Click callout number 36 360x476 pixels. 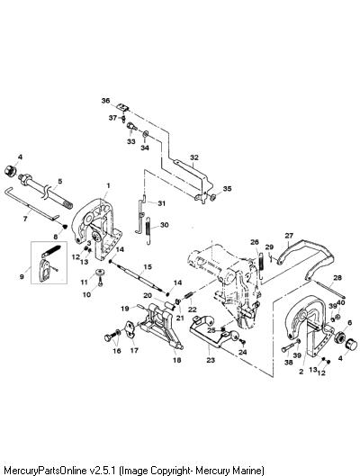point(105,101)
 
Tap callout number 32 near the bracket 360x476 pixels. point(194,157)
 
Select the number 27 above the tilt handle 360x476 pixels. point(289,235)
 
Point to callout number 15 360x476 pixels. point(148,267)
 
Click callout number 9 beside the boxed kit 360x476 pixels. point(22,276)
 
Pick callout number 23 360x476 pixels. point(211,360)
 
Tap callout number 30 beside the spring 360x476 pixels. point(164,225)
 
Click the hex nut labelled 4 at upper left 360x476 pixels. point(11,171)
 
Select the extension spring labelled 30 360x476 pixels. point(148,230)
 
